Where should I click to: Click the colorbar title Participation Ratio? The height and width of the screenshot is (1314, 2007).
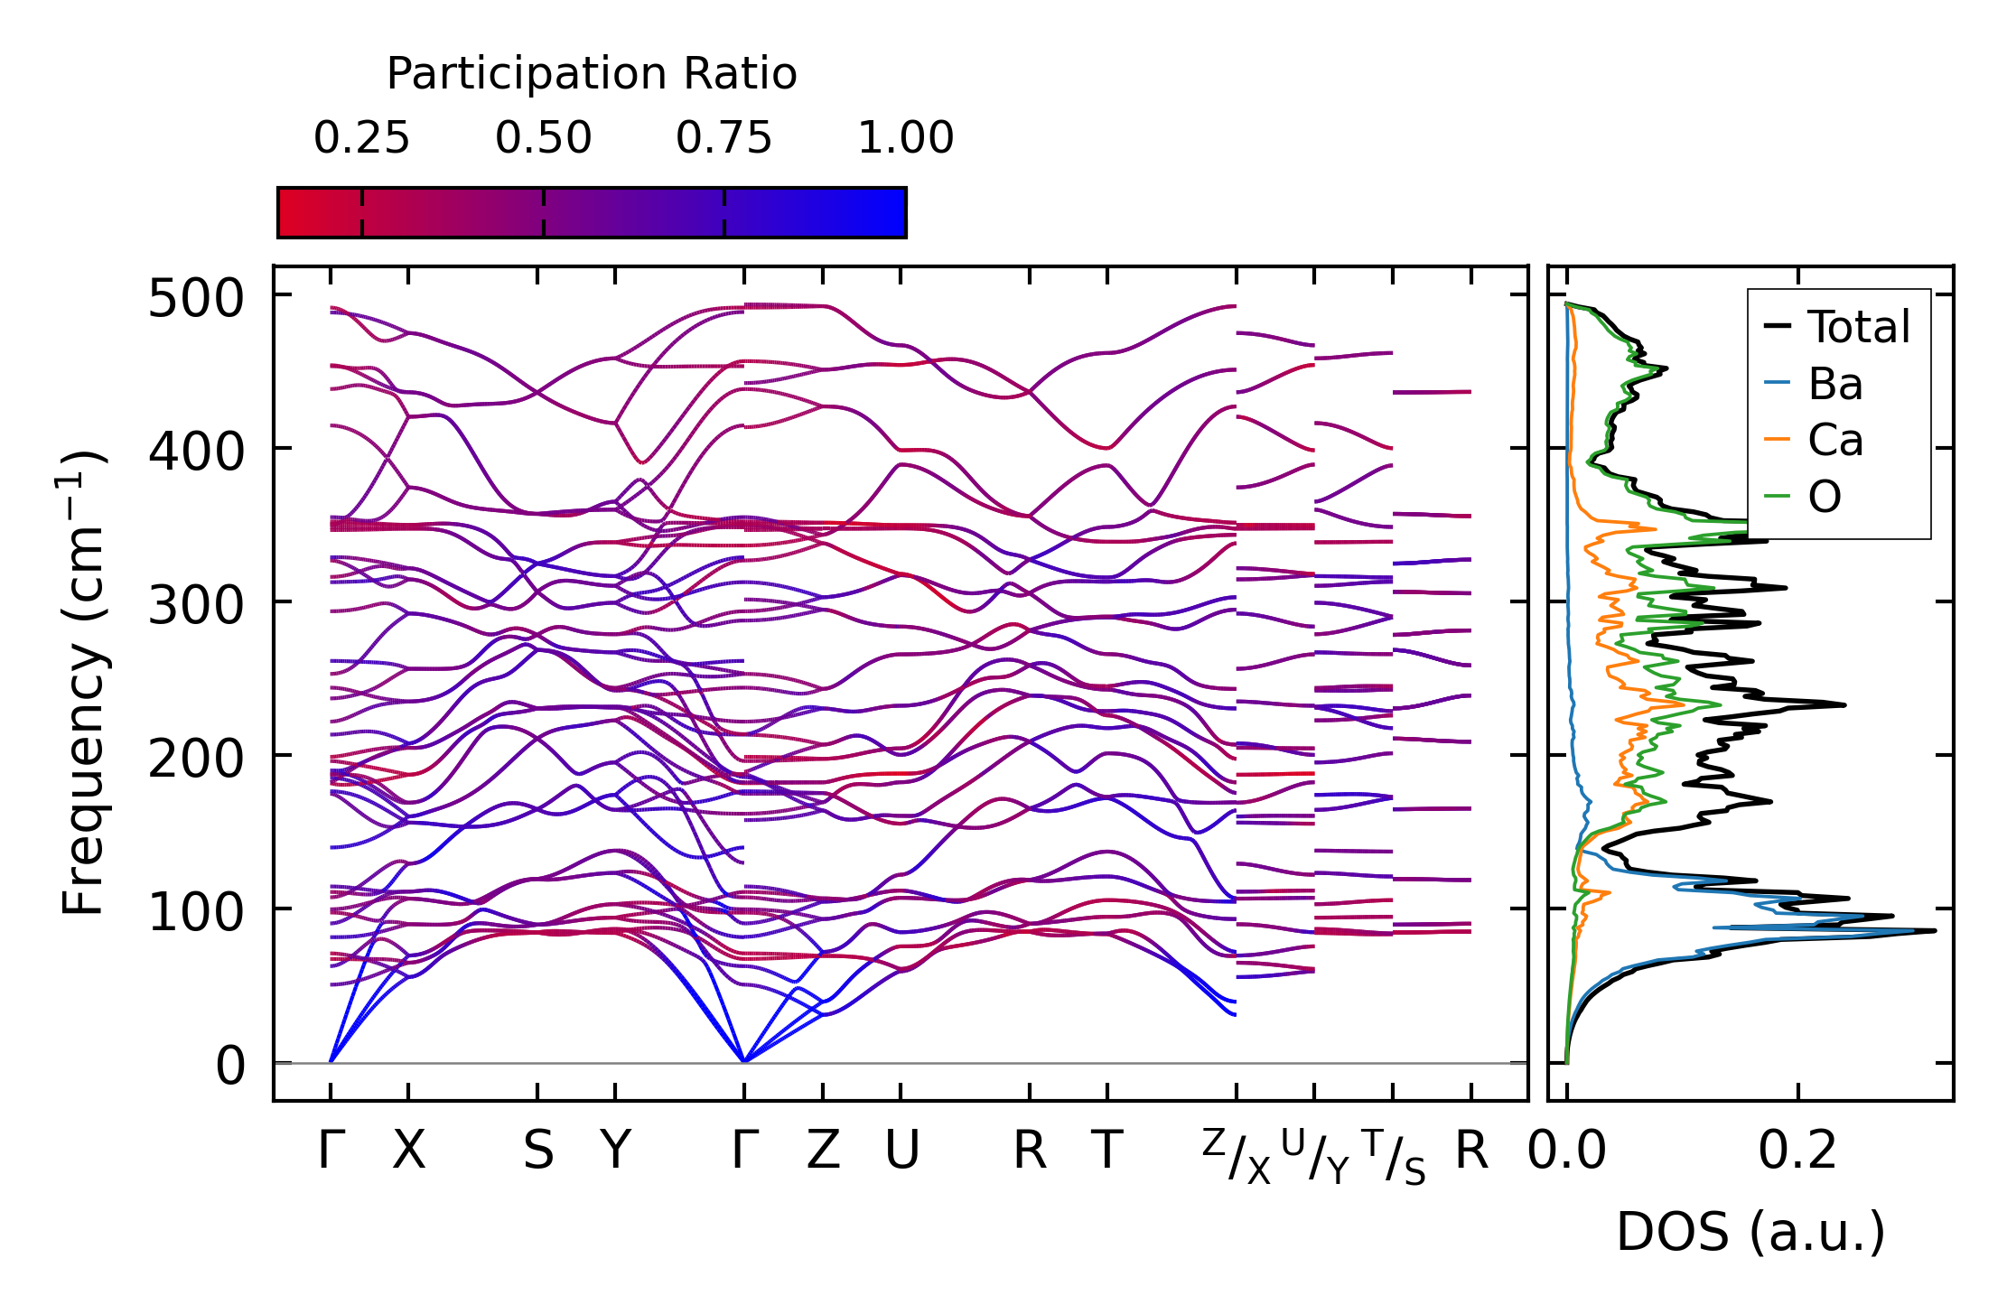click(x=592, y=74)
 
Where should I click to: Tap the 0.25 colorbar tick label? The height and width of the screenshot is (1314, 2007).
click(x=361, y=138)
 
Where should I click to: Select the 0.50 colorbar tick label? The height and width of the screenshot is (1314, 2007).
click(x=543, y=138)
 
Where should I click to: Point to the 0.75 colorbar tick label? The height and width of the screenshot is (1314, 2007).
click(x=723, y=138)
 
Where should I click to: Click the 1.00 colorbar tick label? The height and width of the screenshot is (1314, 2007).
click(x=905, y=138)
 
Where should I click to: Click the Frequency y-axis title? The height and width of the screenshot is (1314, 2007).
click(x=83, y=683)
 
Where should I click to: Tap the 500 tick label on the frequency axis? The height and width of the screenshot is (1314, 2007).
click(x=196, y=298)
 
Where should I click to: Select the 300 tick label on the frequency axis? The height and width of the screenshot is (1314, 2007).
click(x=196, y=605)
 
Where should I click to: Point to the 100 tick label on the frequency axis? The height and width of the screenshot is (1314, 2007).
click(x=196, y=912)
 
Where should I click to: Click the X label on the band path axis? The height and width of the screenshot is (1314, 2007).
click(x=408, y=1151)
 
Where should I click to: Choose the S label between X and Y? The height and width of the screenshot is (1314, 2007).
click(x=538, y=1151)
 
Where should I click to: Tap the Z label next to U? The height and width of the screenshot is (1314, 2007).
click(x=823, y=1151)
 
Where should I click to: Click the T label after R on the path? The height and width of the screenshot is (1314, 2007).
click(x=1107, y=1151)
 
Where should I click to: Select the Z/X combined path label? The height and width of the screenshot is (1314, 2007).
click(x=1236, y=1156)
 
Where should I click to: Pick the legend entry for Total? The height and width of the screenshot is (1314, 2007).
click(x=1857, y=327)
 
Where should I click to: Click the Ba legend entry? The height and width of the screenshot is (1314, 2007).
click(x=1834, y=384)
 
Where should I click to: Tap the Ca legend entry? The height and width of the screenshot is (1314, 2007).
click(x=1834, y=441)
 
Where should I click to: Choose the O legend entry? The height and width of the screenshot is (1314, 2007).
click(x=1825, y=497)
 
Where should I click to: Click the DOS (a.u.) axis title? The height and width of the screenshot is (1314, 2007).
click(x=1750, y=1232)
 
